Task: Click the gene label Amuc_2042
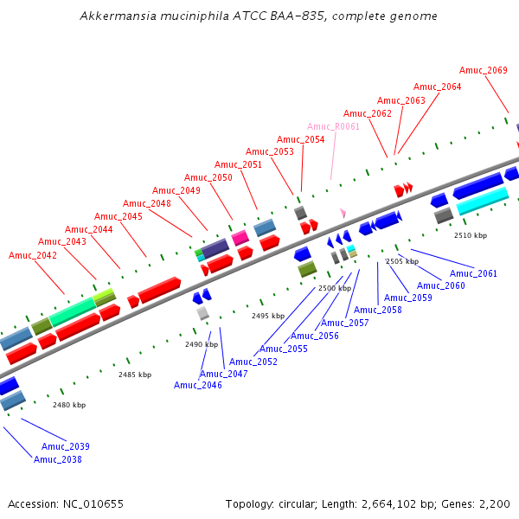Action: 33,255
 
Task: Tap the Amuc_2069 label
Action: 484,70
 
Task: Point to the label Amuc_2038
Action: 58,459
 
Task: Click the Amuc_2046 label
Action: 198,385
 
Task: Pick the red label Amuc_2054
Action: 301,139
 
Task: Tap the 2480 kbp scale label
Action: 69,405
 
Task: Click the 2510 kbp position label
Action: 471,235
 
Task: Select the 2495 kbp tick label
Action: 268,316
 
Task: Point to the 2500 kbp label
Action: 335,287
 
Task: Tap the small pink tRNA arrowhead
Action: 343,212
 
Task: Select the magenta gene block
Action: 240,237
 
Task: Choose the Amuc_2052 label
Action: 253,362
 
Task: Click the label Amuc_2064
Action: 437,86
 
